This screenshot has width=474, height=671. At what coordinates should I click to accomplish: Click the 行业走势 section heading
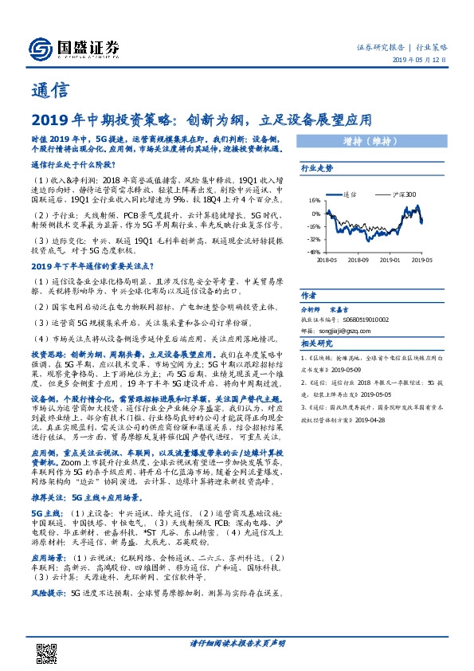[317, 169]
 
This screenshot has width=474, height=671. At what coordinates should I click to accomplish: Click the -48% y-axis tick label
[315, 251]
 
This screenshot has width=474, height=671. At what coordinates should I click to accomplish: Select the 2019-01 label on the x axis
[390, 259]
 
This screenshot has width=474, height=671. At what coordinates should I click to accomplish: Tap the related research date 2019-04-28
[373, 421]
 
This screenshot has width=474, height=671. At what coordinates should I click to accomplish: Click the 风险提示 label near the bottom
[48, 594]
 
